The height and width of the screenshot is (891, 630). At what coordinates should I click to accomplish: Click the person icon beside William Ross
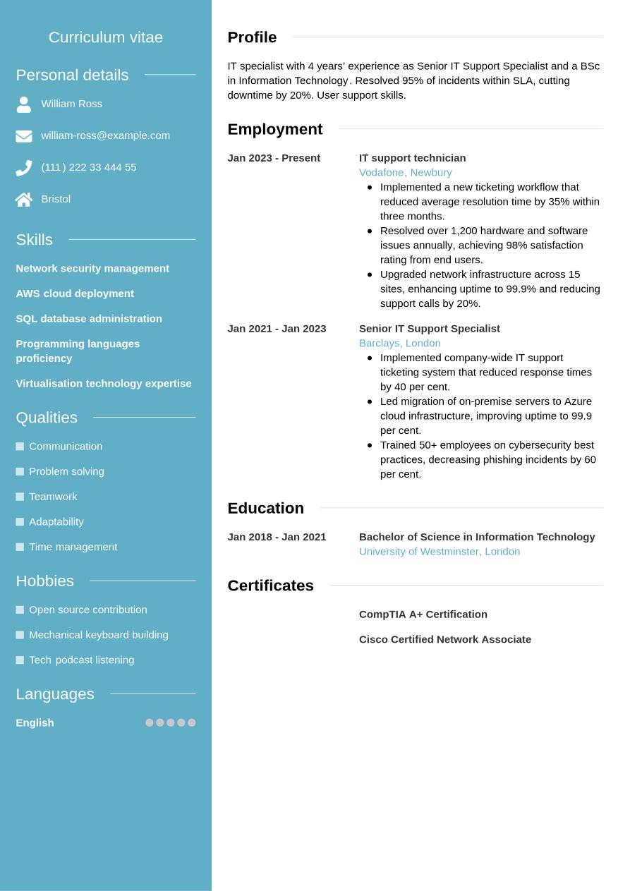click(24, 104)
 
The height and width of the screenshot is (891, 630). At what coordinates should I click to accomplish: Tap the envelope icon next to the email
click(24, 136)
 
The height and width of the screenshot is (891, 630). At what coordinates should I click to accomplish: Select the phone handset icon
click(24, 168)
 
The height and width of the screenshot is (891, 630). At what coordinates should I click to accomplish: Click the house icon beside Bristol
click(24, 200)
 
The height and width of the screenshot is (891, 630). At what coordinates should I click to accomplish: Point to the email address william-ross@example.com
click(105, 135)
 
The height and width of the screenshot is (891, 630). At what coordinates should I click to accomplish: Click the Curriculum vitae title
click(106, 37)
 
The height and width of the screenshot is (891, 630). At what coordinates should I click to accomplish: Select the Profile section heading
click(252, 37)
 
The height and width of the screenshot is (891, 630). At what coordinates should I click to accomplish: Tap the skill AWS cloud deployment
click(75, 293)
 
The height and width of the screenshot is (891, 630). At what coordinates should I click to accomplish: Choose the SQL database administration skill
click(89, 319)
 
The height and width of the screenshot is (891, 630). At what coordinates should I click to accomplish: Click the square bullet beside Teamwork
click(20, 497)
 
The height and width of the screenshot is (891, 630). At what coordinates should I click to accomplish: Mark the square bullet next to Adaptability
click(20, 522)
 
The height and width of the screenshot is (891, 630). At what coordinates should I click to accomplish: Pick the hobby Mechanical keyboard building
click(99, 635)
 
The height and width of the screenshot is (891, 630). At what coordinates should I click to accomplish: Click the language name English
click(35, 722)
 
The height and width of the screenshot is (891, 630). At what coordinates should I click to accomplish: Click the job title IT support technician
click(412, 158)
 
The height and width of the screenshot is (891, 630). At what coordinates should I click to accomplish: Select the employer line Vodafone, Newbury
click(405, 172)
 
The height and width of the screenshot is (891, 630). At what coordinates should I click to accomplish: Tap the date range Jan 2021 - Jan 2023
click(277, 329)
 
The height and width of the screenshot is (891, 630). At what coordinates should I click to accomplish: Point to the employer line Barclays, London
click(399, 343)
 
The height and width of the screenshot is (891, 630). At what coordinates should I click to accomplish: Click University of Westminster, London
click(439, 552)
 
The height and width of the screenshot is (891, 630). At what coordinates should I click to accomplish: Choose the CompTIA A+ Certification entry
click(423, 614)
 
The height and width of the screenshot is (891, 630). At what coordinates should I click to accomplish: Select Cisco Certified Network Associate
click(444, 639)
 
